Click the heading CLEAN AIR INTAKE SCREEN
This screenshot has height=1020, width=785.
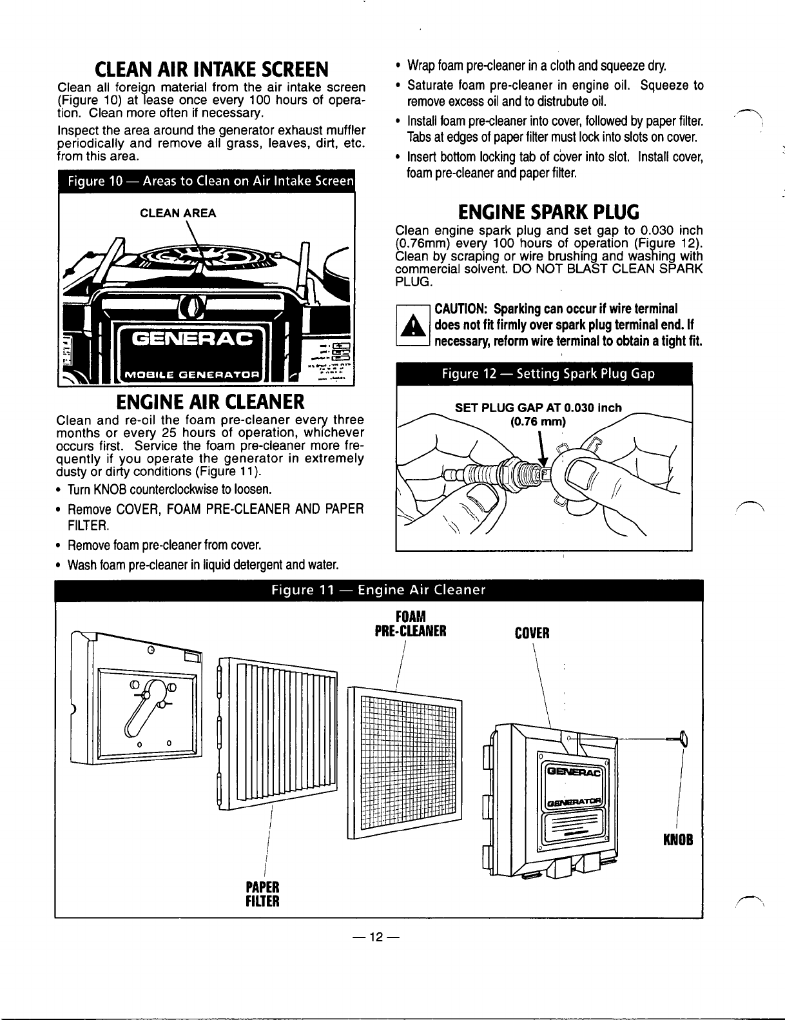(x=211, y=68)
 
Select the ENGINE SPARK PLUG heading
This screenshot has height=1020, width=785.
(x=548, y=211)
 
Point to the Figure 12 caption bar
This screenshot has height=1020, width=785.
(x=543, y=375)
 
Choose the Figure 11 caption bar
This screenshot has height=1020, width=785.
(x=378, y=591)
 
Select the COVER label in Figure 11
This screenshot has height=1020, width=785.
(x=532, y=633)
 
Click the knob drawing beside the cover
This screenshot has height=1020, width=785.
(x=683, y=736)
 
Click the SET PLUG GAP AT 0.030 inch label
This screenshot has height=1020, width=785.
(x=538, y=407)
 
